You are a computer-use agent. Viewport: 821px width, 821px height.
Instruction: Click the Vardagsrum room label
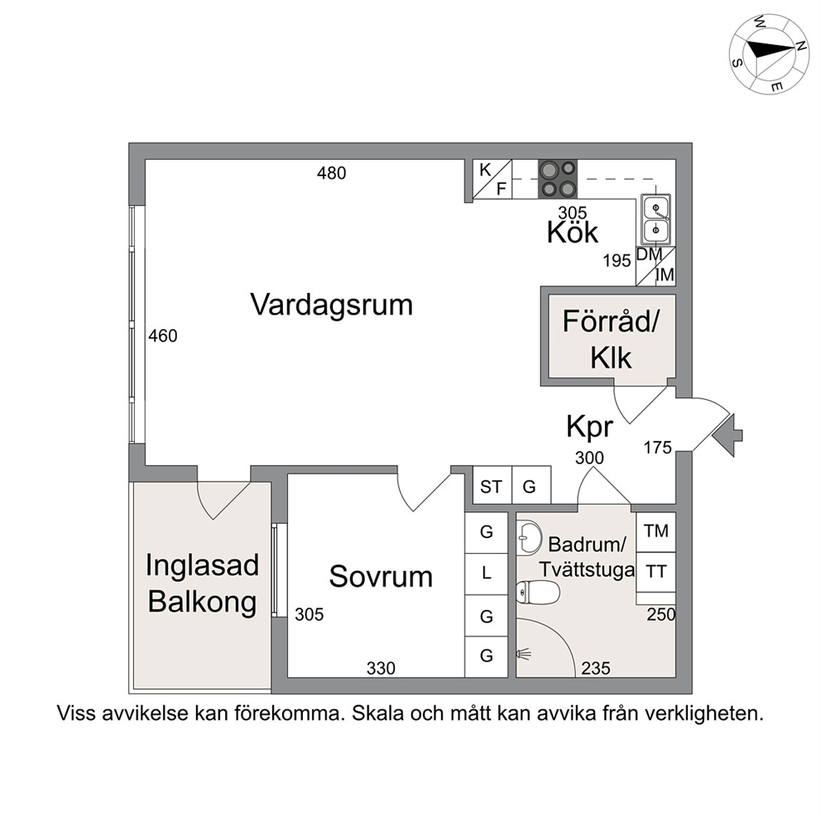(331, 305)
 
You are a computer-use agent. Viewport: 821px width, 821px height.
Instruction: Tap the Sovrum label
(381, 577)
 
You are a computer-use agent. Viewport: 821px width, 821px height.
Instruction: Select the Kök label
(572, 232)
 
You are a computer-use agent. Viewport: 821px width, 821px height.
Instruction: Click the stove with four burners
(558, 179)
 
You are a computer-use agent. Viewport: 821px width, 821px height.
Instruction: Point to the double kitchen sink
(655, 218)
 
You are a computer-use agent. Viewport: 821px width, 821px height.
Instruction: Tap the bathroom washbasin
(529, 537)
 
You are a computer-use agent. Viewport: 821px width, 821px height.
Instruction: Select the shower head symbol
(524, 654)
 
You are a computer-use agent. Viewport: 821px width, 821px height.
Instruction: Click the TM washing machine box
(656, 532)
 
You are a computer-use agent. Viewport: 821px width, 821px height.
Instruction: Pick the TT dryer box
(656, 572)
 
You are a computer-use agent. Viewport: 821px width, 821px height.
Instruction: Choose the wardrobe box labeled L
(487, 574)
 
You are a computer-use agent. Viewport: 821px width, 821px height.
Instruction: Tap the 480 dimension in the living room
(331, 173)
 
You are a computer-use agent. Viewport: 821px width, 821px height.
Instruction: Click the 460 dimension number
(163, 336)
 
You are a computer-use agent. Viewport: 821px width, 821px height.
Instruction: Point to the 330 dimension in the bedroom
(381, 669)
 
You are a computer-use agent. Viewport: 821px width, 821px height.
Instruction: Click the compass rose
(769, 55)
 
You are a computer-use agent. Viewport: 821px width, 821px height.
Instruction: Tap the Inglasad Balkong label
(203, 583)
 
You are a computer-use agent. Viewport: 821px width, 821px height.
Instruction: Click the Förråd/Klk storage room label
(611, 339)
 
